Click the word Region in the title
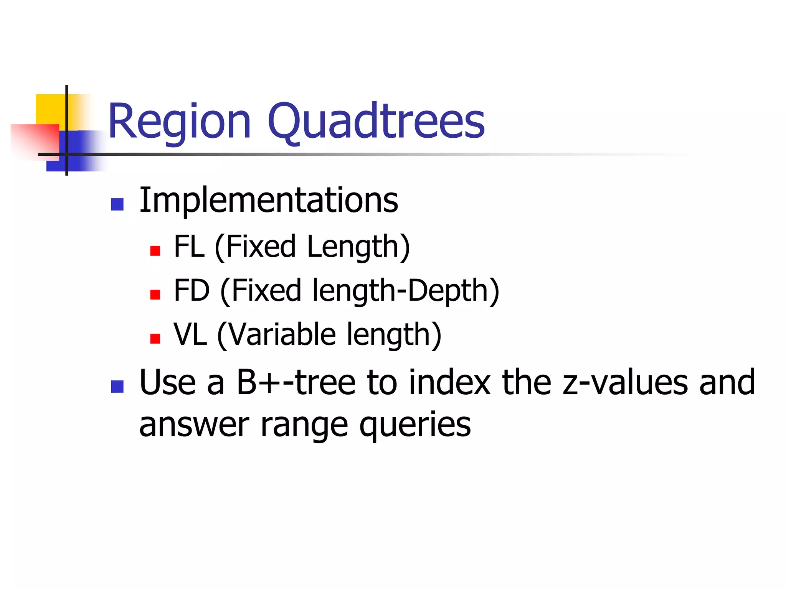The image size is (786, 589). [179, 122]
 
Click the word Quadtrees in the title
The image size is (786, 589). [376, 122]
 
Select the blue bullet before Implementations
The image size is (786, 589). [117, 204]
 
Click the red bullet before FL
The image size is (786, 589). [155, 251]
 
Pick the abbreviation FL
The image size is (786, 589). [189, 247]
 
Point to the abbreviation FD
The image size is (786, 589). [192, 291]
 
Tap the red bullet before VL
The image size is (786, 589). [155, 339]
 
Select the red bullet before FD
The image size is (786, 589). [155, 294]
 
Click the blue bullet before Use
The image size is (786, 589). [117, 387]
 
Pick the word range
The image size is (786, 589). [304, 426]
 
